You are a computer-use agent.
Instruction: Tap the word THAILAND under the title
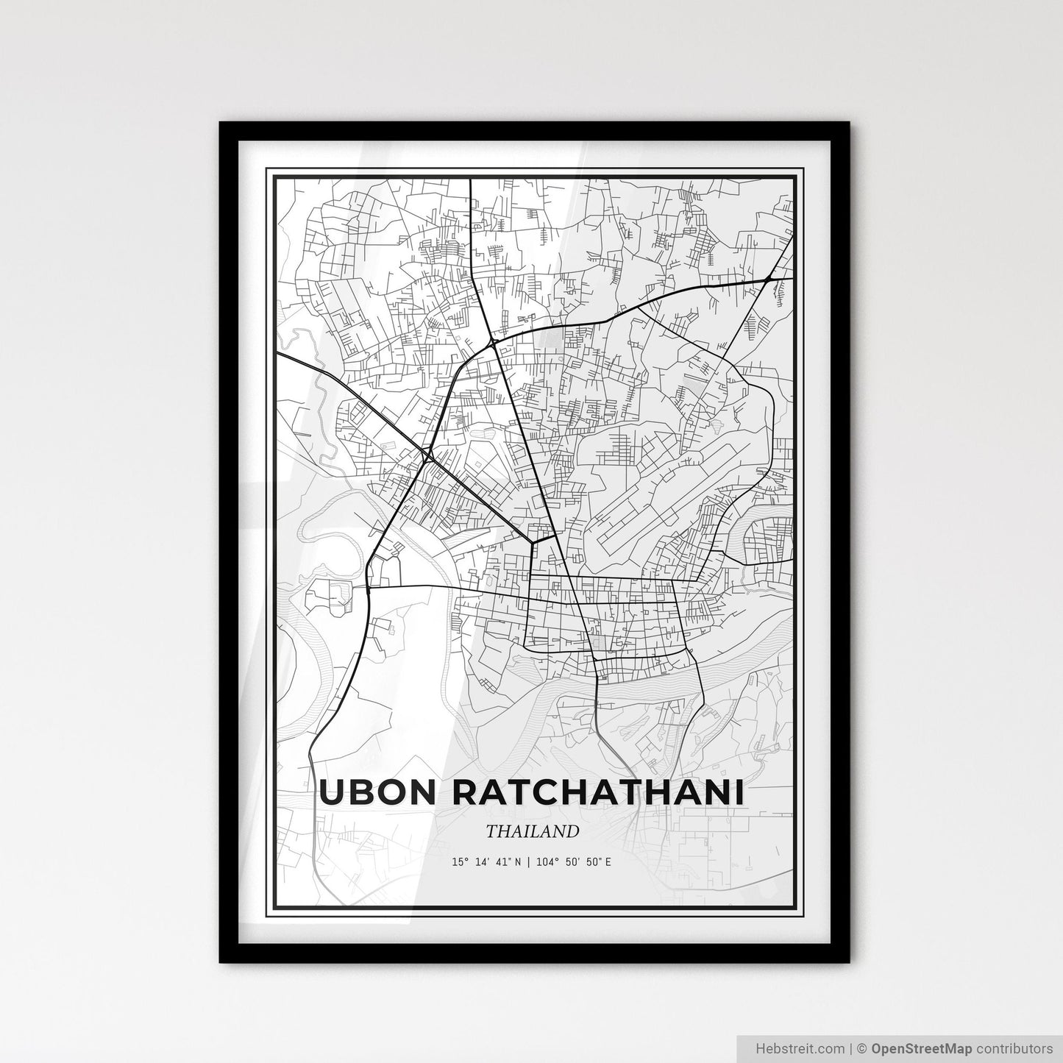[532, 831]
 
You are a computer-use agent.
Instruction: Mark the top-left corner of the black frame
[221, 124]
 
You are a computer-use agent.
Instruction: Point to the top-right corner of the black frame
[849, 124]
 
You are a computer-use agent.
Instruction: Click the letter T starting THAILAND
[491, 831]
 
